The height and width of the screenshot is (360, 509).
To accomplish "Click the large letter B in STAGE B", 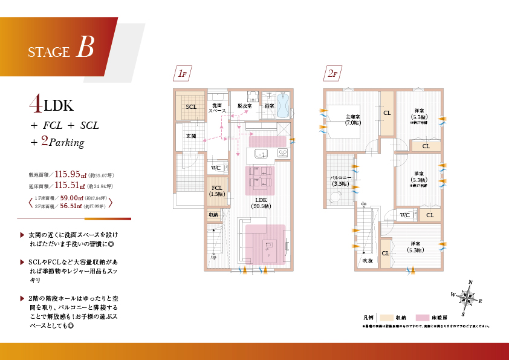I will click(x=85, y=47).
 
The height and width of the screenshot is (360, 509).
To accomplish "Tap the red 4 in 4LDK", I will click(x=35, y=105).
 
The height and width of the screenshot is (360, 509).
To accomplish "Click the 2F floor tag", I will click(x=332, y=74).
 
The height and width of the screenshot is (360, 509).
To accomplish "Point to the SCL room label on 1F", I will click(x=191, y=107).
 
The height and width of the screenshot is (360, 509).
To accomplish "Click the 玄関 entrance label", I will click(x=190, y=136).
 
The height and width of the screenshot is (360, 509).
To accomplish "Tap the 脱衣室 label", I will click(x=245, y=106).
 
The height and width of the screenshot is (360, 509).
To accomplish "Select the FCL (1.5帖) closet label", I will click(x=216, y=191).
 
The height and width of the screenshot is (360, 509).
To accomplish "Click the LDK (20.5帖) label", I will click(x=261, y=202).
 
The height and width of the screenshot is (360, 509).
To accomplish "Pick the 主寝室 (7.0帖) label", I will click(x=353, y=120).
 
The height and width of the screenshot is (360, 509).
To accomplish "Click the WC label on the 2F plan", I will click(x=405, y=215).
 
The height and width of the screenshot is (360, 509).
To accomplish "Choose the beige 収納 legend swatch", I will click(x=384, y=317).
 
